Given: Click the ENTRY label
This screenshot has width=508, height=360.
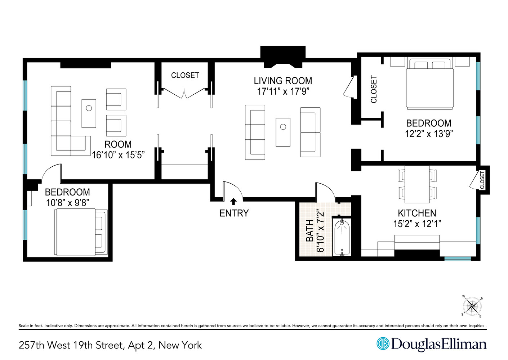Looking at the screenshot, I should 234,213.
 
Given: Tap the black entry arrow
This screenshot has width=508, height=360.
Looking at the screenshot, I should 233,202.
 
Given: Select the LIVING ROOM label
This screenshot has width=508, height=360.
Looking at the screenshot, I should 283,81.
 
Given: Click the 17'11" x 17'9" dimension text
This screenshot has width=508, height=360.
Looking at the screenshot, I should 283,91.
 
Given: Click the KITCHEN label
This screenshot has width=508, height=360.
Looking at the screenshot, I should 417,213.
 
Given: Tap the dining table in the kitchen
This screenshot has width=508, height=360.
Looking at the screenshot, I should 417,184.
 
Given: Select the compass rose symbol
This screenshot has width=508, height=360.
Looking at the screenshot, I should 472,307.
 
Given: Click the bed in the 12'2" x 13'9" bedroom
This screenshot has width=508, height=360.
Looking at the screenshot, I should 429,86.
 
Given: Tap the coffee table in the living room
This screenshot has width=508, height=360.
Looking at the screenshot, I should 283,132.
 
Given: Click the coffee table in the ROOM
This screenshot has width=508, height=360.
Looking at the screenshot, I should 89,113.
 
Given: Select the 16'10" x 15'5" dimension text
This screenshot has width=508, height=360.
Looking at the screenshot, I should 118,155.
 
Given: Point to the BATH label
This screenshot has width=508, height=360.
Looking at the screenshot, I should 310,231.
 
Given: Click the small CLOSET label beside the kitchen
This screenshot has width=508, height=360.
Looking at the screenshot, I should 482,180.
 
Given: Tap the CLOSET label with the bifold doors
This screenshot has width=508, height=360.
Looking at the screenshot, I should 185,75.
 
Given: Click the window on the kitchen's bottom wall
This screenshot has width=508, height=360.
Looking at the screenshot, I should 457,258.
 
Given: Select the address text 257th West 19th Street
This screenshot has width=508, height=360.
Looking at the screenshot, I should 72,345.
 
